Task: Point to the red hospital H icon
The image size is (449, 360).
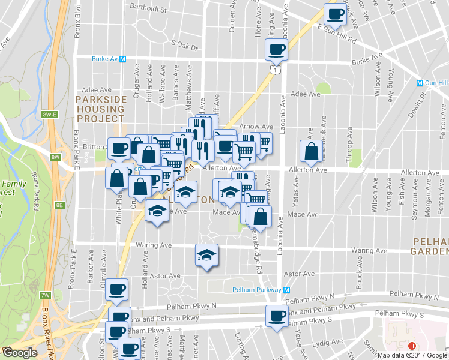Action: coord(412,346)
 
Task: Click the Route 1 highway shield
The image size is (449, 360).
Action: coord(274,71)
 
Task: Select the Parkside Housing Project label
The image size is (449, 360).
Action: coord(100,104)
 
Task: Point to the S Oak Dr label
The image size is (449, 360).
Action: coord(184,43)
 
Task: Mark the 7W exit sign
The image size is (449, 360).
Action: coord(46,295)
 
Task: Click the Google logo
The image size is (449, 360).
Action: coord(20,353)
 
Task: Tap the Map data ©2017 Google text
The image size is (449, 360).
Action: coord(412,355)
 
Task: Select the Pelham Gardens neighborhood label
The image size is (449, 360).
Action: coord(430,245)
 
